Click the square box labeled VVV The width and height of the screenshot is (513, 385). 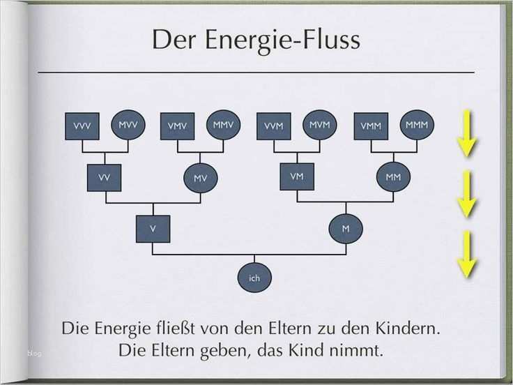coord(82,126)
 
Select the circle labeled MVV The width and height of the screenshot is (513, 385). coord(128,126)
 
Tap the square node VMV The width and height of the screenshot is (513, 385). coord(177,126)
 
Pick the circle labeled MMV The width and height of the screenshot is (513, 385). coord(223,126)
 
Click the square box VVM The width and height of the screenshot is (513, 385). coord(273,126)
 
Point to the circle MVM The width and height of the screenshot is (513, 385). coord(319,126)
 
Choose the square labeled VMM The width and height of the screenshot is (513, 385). coord(370,126)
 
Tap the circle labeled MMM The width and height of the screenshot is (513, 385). coord(416,126)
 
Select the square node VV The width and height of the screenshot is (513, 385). coord(105,178)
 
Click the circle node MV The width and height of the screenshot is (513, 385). coord(200,179)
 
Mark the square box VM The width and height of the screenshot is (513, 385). coord(296,177)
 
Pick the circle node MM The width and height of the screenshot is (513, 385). coord(393,177)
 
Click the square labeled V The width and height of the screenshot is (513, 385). coord(153,228)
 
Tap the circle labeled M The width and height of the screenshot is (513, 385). coord(345,228)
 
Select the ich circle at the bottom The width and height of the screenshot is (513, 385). coord(254,278)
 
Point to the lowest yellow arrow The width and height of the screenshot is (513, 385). coord(466,255)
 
